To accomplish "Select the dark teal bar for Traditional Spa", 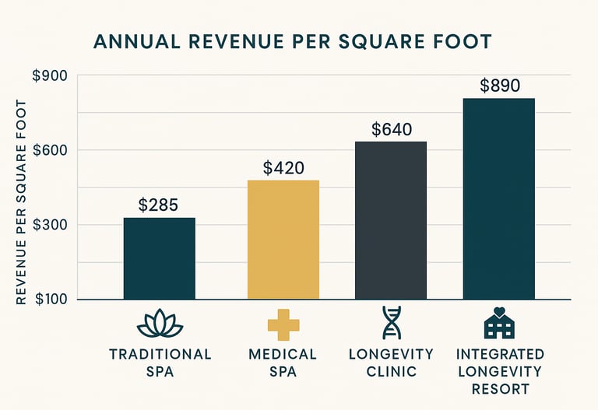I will pyautogui.click(x=160, y=258).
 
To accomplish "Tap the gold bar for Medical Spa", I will pyautogui.click(x=283, y=240).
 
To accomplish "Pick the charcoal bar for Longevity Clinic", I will pyautogui.click(x=391, y=220).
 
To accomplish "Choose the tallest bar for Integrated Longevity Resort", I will pyautogui.click(x=498, y=198).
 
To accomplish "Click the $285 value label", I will pyautogui.click(x=159, y=205).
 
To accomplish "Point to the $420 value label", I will pyautogui.click(x=283, y=167).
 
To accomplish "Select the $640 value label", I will pyautogui.click(x=391, y=130).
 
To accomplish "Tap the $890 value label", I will pyautogui.click(x=499, y=86).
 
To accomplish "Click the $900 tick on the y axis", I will pyautogui.click(x=51, y=76).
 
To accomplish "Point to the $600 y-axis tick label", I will pyautogui.click(x=51, y=151).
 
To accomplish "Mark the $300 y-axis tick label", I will pyautogui.click(x=51, y=226).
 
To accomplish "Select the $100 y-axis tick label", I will pyautogui.click(x=51, y=300).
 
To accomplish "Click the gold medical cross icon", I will pyautogui.click(x=283, y=324).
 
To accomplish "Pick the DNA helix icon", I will pyautogui.click(x=392, y=324).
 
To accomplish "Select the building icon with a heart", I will pyautogui.click(x=499, y=324).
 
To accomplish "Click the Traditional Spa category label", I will pyautogui.click(x=160, y=363).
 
